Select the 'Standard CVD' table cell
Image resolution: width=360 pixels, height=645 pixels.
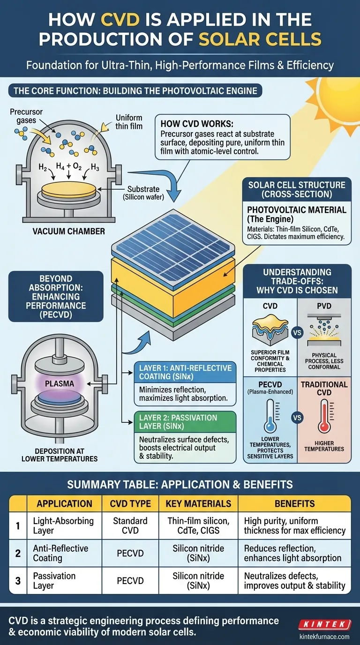click(130, 525)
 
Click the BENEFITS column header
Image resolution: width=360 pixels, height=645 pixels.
click(294, 503)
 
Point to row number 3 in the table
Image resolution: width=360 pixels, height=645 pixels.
click(18, 581)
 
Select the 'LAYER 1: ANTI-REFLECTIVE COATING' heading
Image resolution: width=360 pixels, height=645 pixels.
click(186, 372)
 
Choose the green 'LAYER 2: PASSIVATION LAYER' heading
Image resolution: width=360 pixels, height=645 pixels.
click(178, 422)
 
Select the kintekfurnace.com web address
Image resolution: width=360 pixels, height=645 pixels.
click(324, 637)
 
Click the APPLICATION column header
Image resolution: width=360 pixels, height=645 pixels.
click(64, 503)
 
